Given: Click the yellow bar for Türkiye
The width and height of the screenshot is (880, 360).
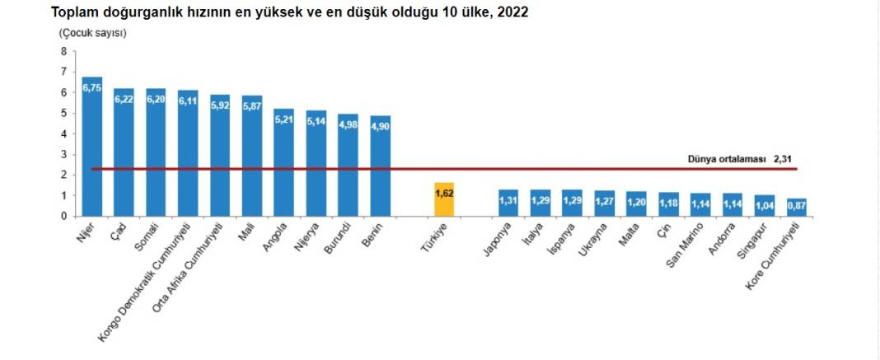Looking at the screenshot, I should point(444,199).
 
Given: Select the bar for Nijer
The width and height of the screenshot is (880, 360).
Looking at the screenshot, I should point(92,148).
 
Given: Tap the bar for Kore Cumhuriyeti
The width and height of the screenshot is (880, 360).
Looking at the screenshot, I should point(797,208).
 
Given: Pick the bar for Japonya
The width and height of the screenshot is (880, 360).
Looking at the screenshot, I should point(508,203).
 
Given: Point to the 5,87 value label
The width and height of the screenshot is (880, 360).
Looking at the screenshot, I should point(252,105).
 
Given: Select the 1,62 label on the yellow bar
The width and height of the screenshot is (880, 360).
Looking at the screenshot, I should point(444,192).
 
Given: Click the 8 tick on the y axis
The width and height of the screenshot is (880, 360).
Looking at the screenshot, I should point(63,51).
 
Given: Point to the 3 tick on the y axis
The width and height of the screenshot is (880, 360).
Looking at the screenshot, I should point(63,154).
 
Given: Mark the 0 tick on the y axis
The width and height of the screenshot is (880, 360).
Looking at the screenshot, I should point(63,216).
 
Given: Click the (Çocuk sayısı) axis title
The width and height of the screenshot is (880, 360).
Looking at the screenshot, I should point(91,33).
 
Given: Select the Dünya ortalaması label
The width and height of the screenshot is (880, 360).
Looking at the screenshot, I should point(726,159).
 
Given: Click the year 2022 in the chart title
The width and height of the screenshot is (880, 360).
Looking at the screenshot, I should point(513,12).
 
